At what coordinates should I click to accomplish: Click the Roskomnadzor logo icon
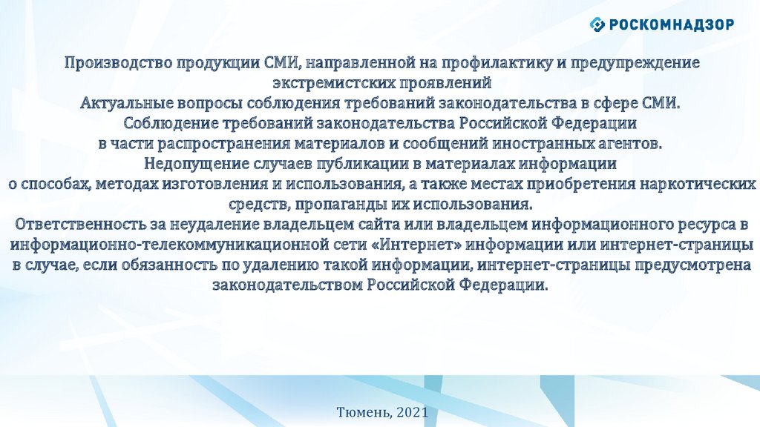point(597,24)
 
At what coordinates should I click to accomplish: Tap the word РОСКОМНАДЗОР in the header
point(671,24)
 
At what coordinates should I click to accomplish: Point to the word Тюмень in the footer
point(364,412)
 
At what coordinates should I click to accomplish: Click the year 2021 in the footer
point(413,412)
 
